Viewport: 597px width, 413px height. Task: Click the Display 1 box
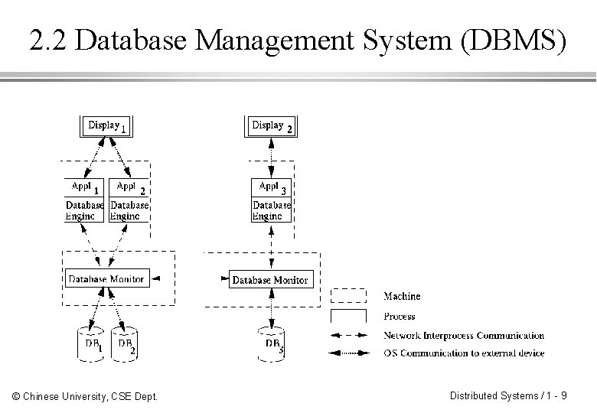106,125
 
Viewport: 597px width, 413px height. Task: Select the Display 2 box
272,125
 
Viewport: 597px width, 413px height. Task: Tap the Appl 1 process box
84,187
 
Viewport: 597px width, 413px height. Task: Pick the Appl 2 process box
129,187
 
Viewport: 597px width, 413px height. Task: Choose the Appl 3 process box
272,187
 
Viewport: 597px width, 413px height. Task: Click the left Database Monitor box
106,279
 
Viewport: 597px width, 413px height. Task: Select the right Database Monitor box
269,280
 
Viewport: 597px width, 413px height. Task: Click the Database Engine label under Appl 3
272,210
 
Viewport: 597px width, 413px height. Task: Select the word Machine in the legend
402,296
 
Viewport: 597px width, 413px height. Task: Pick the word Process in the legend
399,316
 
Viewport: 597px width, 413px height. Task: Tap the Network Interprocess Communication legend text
464,336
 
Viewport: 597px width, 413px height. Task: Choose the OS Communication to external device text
464,353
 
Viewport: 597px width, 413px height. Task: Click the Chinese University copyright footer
85,396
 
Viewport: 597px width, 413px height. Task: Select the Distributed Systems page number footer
508,396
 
